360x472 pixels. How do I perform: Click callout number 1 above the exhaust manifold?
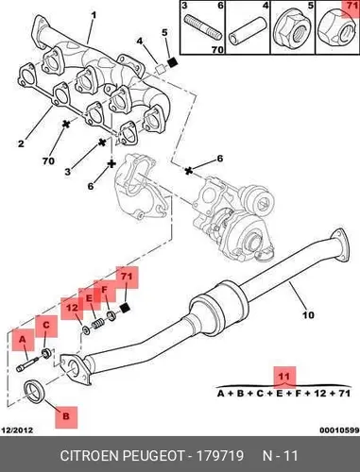point(94,15)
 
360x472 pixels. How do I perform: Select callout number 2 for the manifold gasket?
point(21,143)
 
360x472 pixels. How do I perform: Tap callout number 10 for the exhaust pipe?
point(308,314)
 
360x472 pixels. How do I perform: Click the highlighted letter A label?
point(23,340)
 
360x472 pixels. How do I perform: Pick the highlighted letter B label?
point(66,416)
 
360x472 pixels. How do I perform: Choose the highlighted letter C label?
point(46,325)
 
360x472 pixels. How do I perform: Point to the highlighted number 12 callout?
point(72,308)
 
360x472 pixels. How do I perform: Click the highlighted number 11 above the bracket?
point(283,377)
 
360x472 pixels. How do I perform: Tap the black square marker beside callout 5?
point(172,62)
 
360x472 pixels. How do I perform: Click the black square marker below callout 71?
point(126,308)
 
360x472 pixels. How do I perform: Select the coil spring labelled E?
point(97,324)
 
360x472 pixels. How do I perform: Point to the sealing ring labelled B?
point(35,391)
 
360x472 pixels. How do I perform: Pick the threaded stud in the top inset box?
point(203,27)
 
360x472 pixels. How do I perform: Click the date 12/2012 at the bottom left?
point(18,430)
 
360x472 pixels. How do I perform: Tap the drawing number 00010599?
point(339,430)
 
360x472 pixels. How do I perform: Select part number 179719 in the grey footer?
point(220,455)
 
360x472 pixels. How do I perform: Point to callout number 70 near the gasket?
point(48,161)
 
